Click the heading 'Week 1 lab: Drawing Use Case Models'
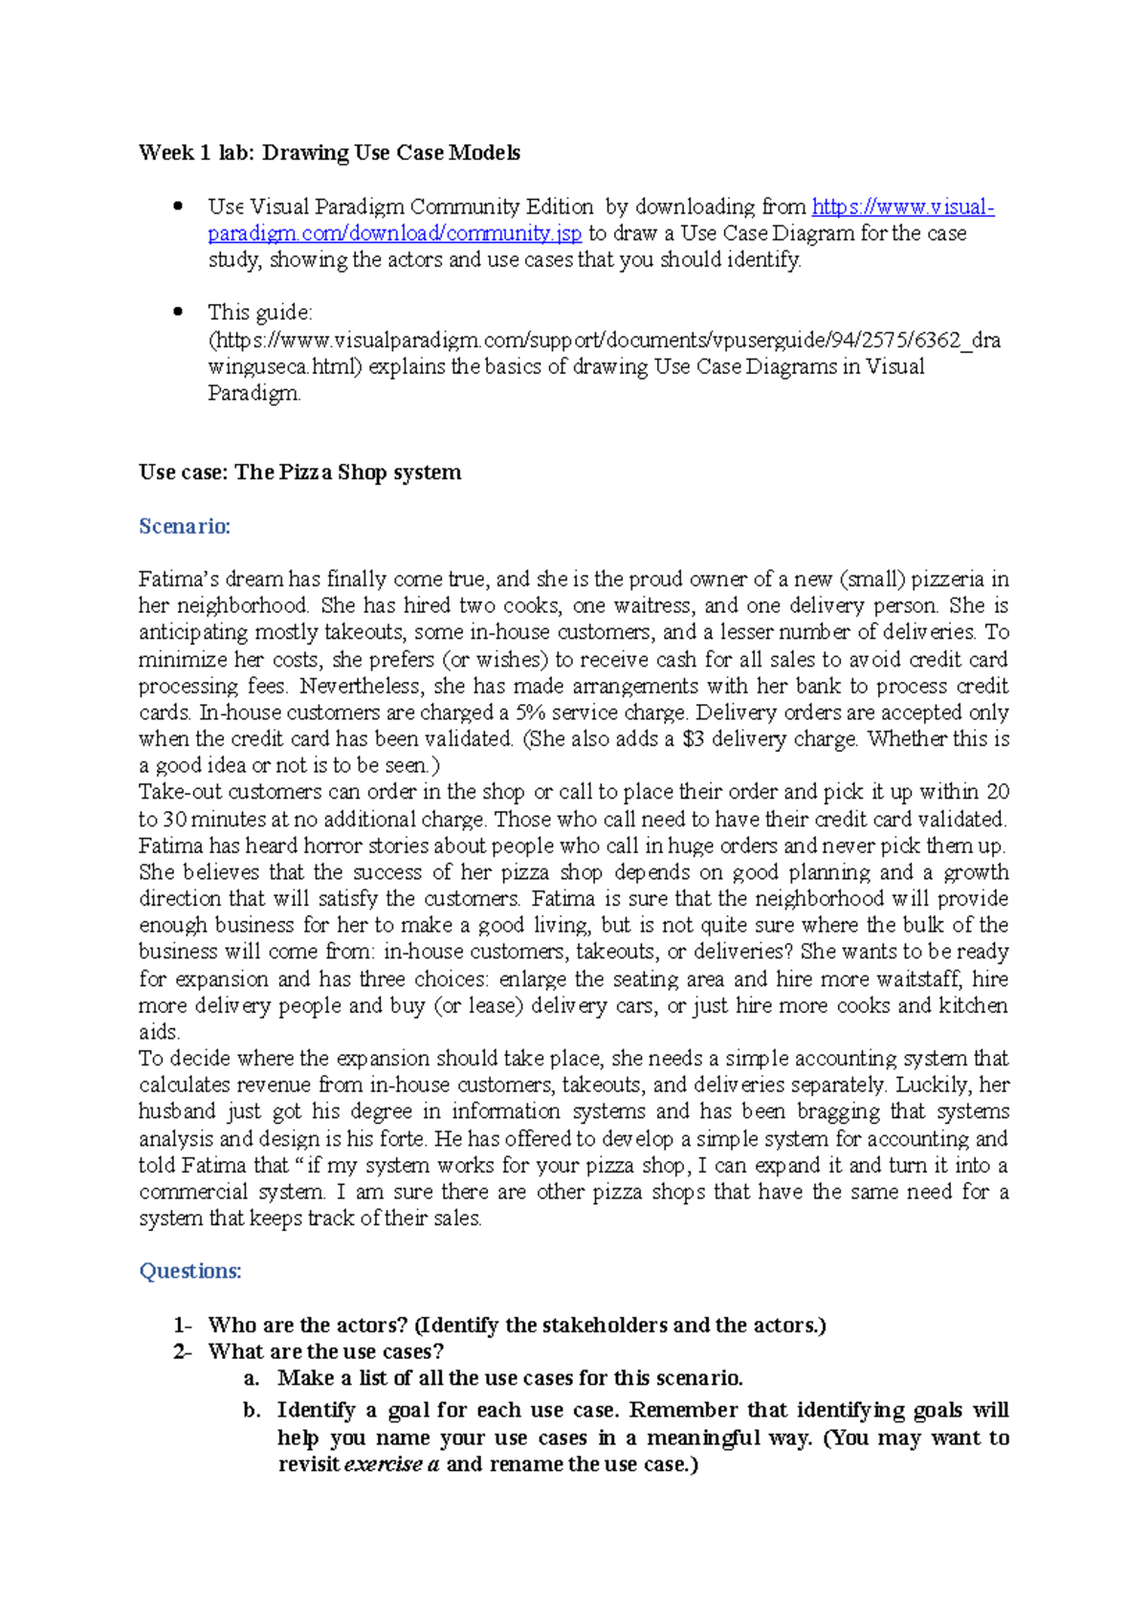click(329, 153)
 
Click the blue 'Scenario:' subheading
click(185, 526)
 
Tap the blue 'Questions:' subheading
click(189, 1271)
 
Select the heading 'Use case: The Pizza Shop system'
click(299, 472)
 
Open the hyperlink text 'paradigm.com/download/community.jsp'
click(394, 233)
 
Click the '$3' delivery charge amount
click(693, 739)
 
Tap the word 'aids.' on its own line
click(159, 1033)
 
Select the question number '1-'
click(182, 1326)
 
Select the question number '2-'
click(182, 1352)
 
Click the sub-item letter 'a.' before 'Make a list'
click(252, 1379)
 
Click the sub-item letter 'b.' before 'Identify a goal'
click(252, 1411)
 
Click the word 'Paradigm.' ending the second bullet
click(254, 394)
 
